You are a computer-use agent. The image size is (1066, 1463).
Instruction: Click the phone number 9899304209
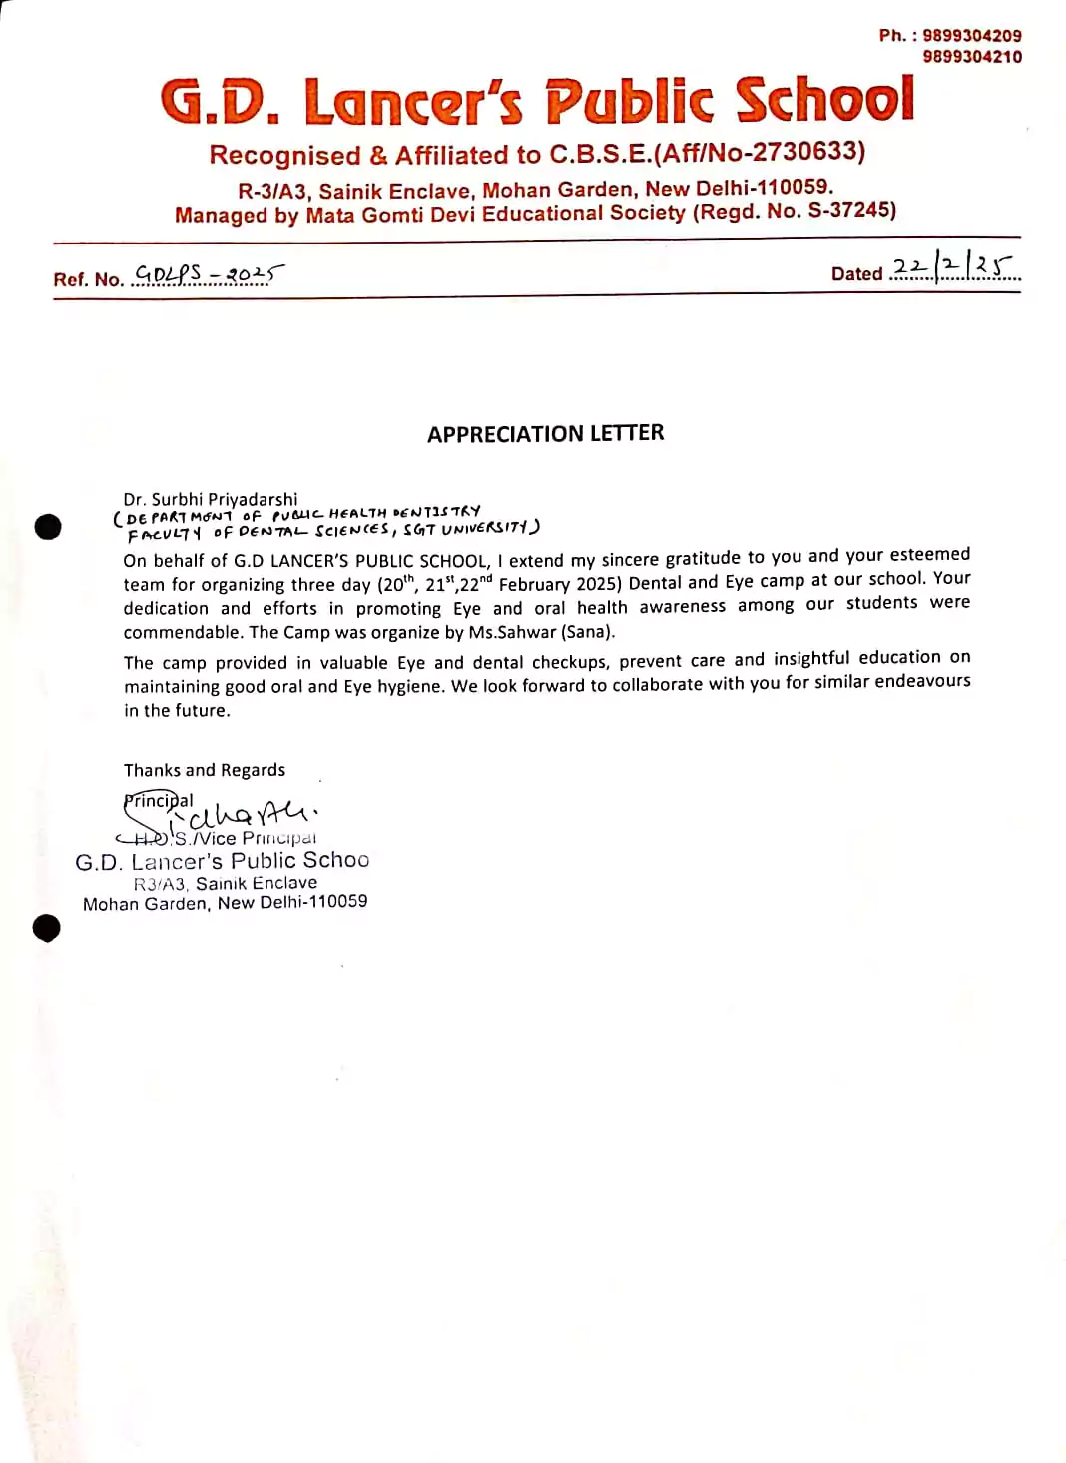(x=971, y=36)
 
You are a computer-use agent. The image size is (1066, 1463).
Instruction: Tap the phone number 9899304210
(x=971, y=57)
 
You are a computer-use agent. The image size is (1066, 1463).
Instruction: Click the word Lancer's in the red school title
(x=412, y=102)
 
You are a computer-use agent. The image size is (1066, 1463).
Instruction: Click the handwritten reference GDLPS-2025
(x=209, y=273)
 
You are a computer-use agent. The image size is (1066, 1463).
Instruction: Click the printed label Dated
(x=856, y=274)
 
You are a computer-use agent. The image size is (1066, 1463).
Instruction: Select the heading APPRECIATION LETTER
(x=545, y=433)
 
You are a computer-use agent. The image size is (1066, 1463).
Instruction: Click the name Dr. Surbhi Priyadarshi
(x=211, y=499)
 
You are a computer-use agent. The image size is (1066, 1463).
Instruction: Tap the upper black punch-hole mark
(x=47, y=526)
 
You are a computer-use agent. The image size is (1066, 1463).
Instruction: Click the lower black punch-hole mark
(x=46, y=928)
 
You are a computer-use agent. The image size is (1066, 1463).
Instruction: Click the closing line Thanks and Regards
(x=204, y=770)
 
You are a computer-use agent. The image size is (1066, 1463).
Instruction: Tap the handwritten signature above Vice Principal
(x=250, y=815)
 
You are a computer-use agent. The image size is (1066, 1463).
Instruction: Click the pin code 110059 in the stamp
(x=334, y=901)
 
